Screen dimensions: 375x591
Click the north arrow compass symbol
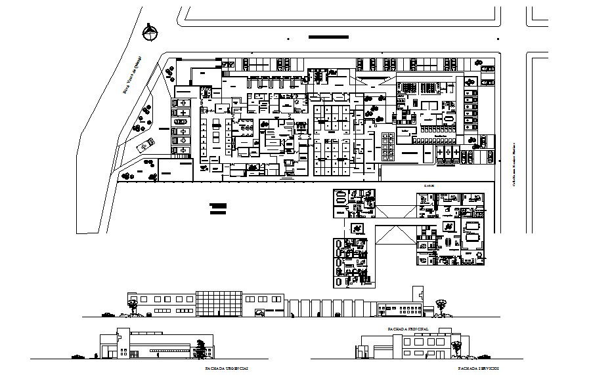click(x=151, y=30)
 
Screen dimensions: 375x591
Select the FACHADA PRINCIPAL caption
click(x=408, y=327)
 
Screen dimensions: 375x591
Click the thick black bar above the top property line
click(x=328, y=37)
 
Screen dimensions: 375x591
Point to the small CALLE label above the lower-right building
click(x=428, y=186)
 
